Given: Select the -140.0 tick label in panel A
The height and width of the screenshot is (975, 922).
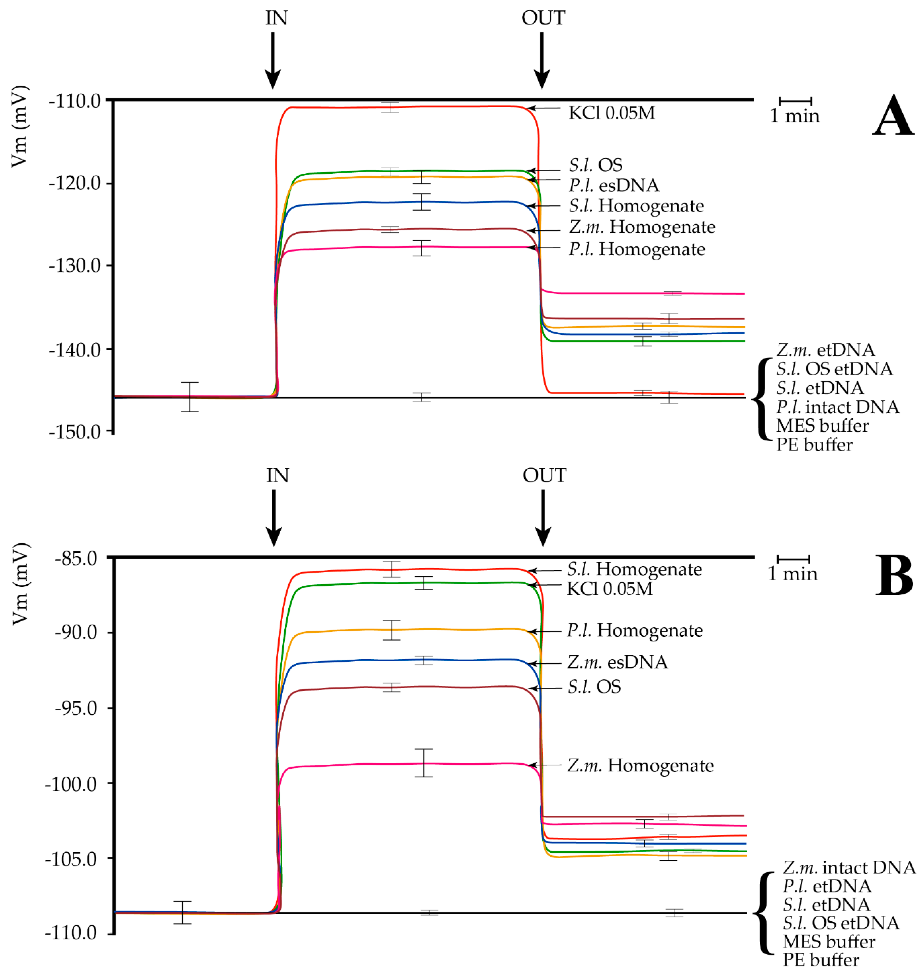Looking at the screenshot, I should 75,349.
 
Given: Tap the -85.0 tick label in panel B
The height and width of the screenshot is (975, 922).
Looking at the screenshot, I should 76,559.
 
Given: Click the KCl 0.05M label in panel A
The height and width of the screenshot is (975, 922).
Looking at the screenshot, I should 611,113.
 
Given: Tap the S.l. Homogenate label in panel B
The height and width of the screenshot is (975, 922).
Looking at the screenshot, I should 634,569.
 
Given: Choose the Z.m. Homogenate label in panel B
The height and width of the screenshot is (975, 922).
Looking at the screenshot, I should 640,765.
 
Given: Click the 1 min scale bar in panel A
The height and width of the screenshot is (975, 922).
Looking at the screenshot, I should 795,101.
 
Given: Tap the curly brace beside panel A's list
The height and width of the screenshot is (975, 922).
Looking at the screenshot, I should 762,399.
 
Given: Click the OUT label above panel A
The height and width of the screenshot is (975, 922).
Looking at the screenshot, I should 543,18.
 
